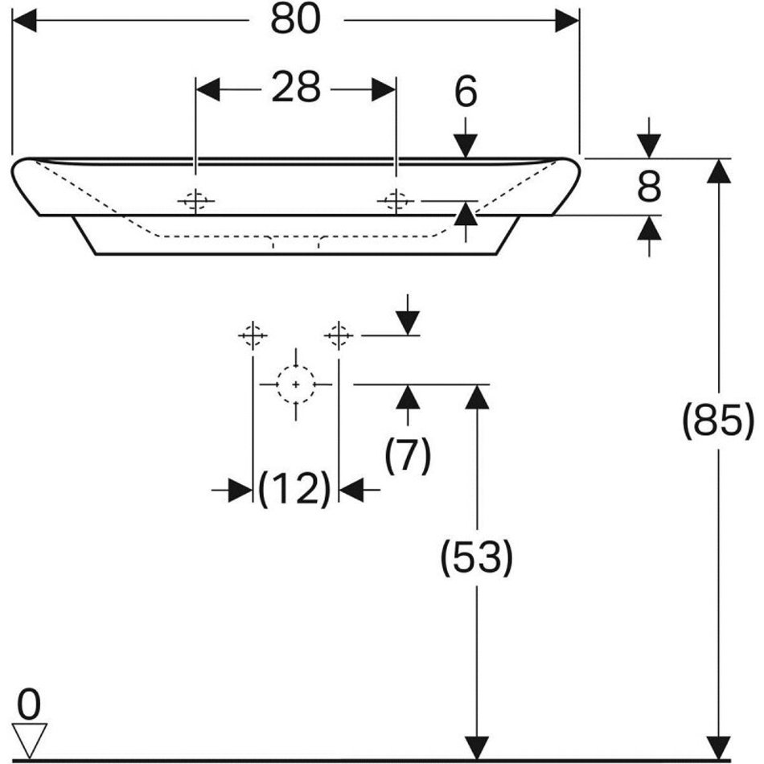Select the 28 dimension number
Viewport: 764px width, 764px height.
tap(295, 88)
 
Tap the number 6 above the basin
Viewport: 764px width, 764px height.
tap(466, 93)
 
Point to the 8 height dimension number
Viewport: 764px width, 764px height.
tap(648, 187)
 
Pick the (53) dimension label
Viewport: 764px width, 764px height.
tap(476, 557)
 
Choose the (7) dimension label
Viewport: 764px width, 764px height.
tap(408, 456)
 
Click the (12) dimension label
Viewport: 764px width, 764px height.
tap(295, 488)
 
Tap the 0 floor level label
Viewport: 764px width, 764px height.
tap(29, 705)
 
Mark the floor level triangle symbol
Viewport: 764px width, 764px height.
tap(30, 738)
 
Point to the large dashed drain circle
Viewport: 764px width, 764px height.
tap(296, 384)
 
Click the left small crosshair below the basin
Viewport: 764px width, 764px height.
tap(253, 334)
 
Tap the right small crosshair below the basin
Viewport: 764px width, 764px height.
tap(339, 334)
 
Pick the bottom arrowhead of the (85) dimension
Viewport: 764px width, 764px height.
tap(718, 746)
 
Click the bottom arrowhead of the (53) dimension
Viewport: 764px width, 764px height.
tap(477, 746)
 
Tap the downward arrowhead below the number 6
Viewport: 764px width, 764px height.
tap(465, 146)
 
